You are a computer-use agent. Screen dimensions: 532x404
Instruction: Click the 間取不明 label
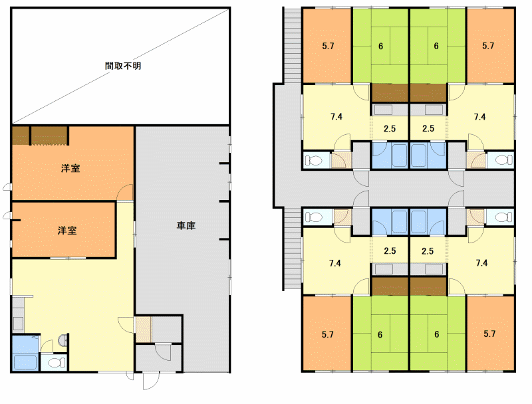[123, 66]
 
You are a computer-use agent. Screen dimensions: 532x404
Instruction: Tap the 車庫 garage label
[186, 225]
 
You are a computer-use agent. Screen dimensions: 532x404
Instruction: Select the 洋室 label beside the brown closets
[70, 168]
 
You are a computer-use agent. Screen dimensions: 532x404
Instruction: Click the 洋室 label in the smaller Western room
[67, 231]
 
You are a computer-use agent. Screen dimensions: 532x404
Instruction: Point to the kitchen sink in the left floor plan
[18, 324]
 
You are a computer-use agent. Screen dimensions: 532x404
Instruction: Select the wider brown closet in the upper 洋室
[49, 136]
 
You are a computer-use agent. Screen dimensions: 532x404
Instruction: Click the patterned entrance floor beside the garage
[144, 330]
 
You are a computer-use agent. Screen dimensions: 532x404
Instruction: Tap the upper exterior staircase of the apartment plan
[292, 45]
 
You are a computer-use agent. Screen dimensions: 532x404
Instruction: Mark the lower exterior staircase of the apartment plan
[292, 249]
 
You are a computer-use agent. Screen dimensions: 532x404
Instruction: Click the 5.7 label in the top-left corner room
[328, 46]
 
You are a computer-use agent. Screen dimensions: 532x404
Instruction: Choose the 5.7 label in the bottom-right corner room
[489, 334]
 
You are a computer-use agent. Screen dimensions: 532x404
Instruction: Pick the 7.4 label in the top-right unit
[479, 117]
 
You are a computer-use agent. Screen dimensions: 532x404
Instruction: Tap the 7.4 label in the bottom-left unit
[335, 263]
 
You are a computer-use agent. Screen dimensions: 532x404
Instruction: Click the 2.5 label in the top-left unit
[390, 128]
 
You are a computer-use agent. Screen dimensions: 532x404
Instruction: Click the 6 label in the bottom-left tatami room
[380, 335]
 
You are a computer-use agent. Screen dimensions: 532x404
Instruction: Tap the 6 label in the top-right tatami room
[436, 46]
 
